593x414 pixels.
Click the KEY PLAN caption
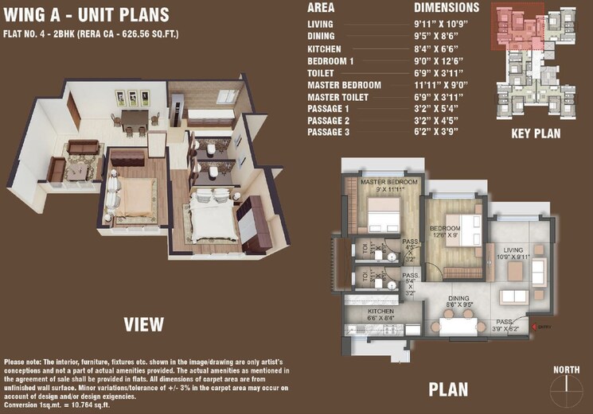point(537,135)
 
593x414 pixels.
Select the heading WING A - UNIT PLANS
point(86,15)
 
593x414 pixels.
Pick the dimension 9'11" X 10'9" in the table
point(447,25)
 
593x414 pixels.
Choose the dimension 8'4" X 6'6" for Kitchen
point(442,48)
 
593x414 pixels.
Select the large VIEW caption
point(143,324)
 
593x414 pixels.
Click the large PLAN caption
point(448,389)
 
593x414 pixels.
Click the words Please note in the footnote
point(24,362)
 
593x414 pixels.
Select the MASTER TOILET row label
point(344,96)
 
